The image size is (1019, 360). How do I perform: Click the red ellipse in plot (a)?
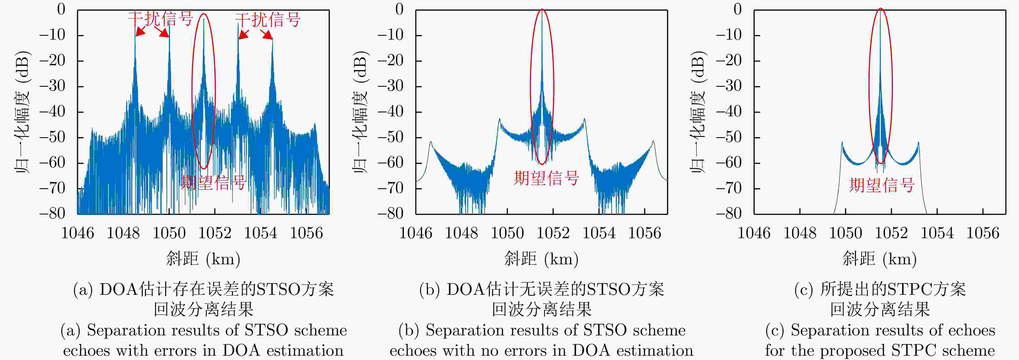coord(193,91)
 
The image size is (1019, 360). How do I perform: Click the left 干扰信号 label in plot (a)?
coord(160,19)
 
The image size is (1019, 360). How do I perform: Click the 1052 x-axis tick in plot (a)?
coord(215,233)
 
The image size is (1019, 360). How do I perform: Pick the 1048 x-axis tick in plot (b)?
coord(461,233)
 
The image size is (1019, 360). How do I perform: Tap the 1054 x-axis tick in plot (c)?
coord(937,233)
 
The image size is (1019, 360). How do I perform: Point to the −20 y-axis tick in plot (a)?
coord(52,60)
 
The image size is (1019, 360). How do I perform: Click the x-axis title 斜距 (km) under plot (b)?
coord(541,259)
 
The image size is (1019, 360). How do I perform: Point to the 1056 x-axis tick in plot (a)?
coord(306,233)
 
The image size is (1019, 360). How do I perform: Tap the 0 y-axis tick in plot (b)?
coord(400,9)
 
